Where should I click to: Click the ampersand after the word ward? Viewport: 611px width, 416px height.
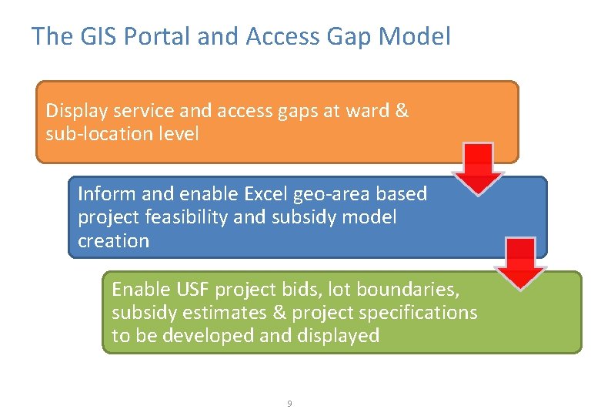pyautogui.click(x=401, y=111)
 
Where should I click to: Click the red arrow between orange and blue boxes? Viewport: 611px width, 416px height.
pyautogui.click(x=477, y=167)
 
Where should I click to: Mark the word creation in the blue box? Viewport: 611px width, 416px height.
pyautogui.click(x=113, y=240)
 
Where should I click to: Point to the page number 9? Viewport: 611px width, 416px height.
pyautogui.click(x=289, y=404)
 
